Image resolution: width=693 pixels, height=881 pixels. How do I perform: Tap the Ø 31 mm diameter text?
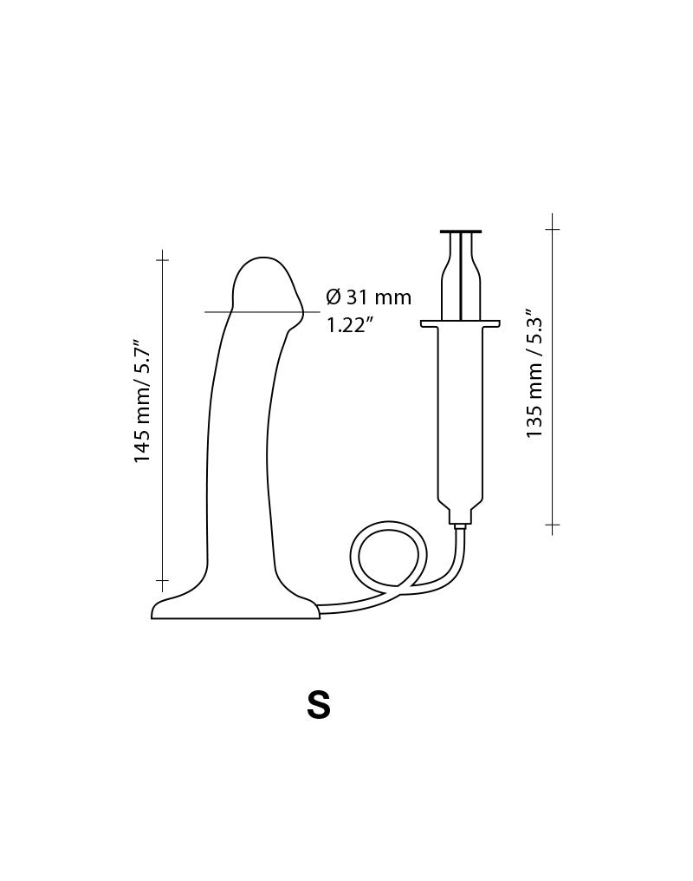pos(368,297)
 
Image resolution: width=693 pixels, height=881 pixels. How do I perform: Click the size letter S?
pos(318,705)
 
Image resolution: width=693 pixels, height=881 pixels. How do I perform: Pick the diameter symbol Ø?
pos(334,297)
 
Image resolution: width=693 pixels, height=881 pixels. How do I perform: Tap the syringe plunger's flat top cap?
pos(460,232)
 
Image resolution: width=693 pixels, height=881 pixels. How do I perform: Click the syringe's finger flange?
pos(460,323)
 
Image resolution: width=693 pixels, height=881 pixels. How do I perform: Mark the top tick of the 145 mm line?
pos(162,259)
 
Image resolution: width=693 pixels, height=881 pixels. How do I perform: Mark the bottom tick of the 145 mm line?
pos(162,579)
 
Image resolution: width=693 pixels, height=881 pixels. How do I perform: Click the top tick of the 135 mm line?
pos(552,229)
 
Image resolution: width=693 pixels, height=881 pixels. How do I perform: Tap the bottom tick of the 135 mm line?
pos(552,525)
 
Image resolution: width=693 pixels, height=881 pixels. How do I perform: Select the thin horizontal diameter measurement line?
pos(251,311)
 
